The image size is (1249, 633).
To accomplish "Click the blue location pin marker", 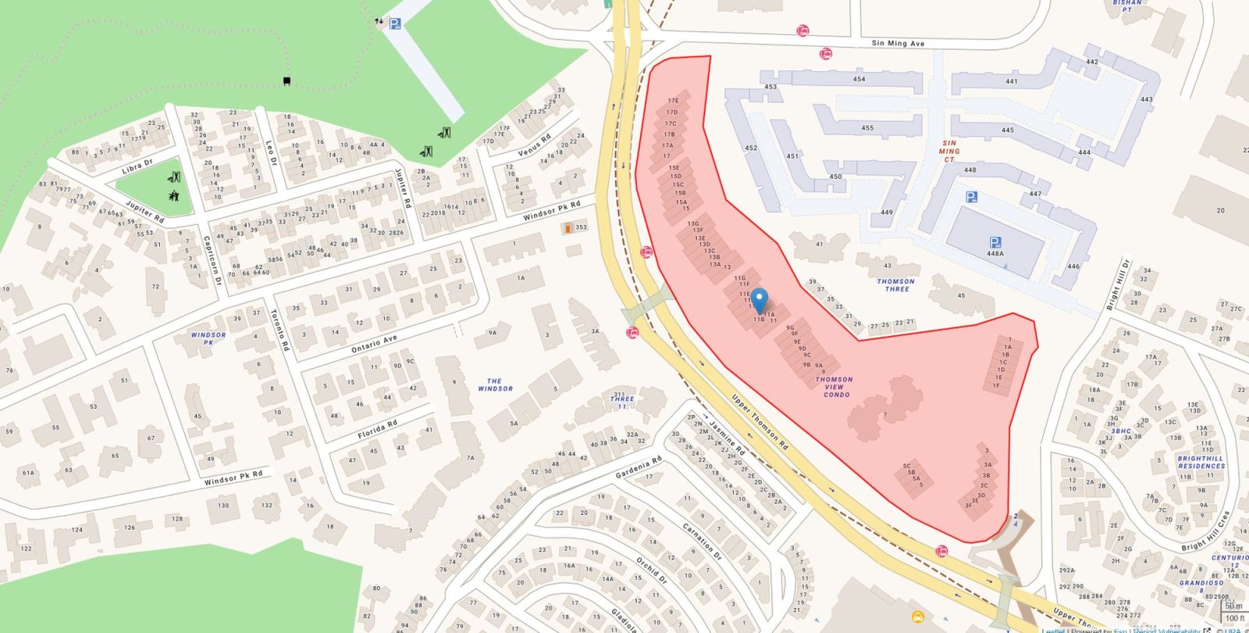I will tap(759, 300).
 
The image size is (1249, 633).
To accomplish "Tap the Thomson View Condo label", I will tap(834, 387).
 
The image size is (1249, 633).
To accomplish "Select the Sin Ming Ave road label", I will tap(898, 43).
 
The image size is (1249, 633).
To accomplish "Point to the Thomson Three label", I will tap(896, 285).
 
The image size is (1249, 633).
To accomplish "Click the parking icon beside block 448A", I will tap(995, 242).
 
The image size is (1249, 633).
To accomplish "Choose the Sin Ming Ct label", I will tap(949, 152).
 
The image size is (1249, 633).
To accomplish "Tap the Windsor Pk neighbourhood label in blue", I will tap(208, 338).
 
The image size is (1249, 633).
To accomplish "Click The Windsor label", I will tap(495, 384).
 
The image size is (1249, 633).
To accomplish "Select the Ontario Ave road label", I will tap(374, 342).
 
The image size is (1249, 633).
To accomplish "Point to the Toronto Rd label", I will tap(280, 330).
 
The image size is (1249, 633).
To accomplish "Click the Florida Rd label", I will tap(377, 429).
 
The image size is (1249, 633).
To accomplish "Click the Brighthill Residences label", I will tap(1201, 463).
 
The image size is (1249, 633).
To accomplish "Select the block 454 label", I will tap(859, 79).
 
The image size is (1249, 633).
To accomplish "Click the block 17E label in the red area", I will tap(673, 101).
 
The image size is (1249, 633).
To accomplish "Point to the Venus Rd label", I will tap(534, 145).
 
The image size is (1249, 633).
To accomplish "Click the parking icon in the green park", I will tap(395, 24).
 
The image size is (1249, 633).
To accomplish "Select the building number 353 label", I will tap(581, 227).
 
